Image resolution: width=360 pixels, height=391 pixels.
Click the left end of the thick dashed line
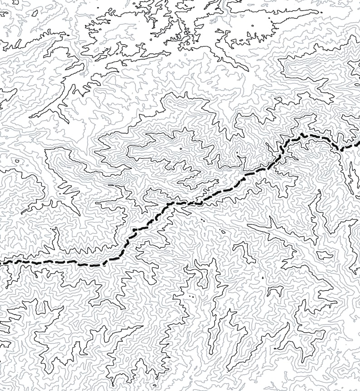1,262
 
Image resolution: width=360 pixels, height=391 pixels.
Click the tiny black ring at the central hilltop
180,148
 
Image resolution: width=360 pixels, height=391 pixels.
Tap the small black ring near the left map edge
17,161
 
